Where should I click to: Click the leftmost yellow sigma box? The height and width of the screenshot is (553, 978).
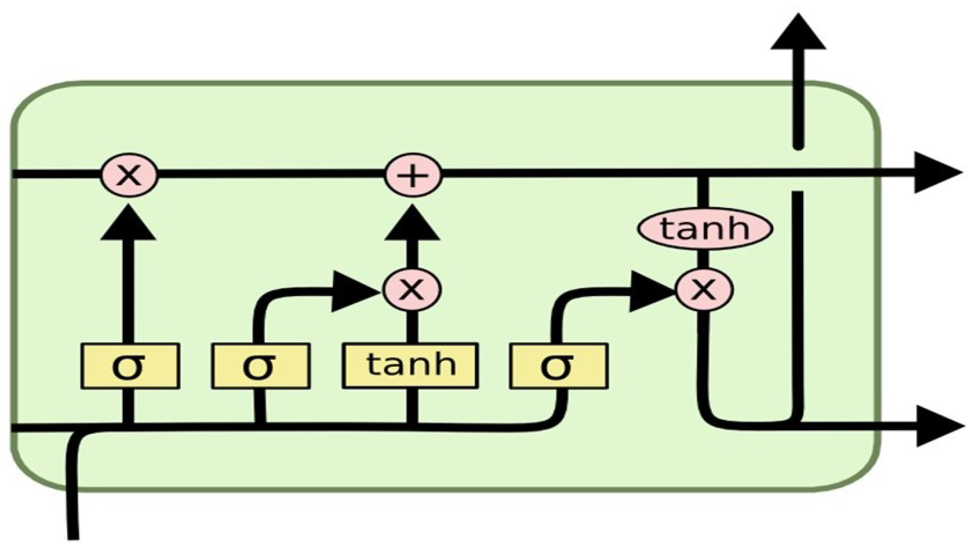click(x=130, y=366)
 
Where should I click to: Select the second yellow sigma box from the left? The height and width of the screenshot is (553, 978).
click(x=260, y=366)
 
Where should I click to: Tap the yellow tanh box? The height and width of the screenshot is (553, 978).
click(x=410, y=366)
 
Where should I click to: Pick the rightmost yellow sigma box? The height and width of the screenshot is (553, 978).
click(x=558, y=366)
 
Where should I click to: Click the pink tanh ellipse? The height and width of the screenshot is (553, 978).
click(x=705, y=229)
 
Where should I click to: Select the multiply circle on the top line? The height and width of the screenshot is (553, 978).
click(x=129, y=175)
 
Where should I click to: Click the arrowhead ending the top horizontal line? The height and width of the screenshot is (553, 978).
click(x=935, y=173)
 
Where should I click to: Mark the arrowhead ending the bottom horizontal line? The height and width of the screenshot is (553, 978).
click(x=937, y=426)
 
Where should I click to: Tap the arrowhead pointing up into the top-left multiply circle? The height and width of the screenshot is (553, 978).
click(x=128, y=225)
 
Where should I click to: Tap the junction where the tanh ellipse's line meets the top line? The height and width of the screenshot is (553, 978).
click(x=703, y=174)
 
